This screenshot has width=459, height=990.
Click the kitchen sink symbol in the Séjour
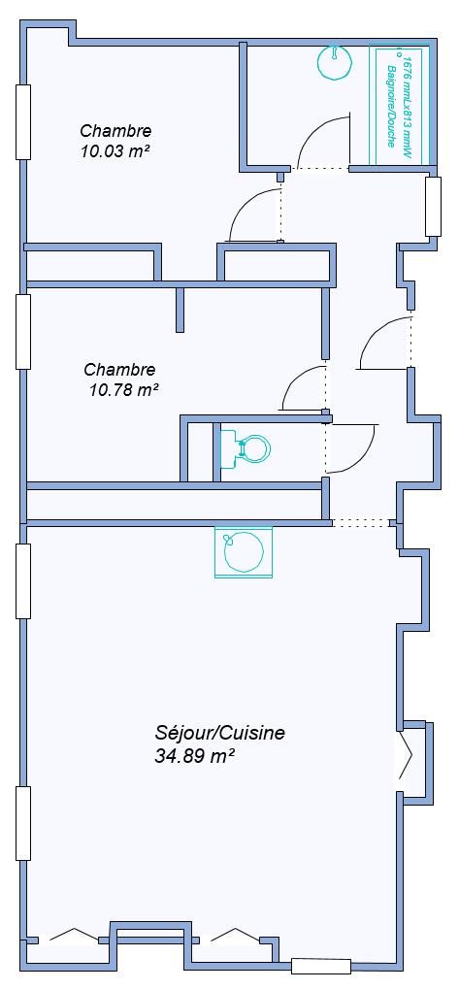pyautogui.click(x=244, y=550)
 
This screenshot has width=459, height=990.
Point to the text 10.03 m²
pyautogui.click(x=115, y=151)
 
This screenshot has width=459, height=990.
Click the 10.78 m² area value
pyautogui.click(x=124, y=389)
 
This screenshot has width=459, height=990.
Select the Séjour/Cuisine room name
pyautogui.click(x=219, y=733)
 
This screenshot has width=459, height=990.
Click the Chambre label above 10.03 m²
pyautogui.click(x=115, y=131)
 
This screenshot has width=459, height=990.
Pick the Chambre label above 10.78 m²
pyautogui.click(x=120, y=369)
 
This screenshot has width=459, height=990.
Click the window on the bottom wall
pyautogui.click(x=321, y=966)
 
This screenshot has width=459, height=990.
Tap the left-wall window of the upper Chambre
pyautogui.click(x=22, y=122)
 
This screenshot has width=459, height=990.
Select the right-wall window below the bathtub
pyautogui.click(x=433, y=207)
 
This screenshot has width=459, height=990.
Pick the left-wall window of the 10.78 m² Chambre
pyautogui.click(x=22, y=332)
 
